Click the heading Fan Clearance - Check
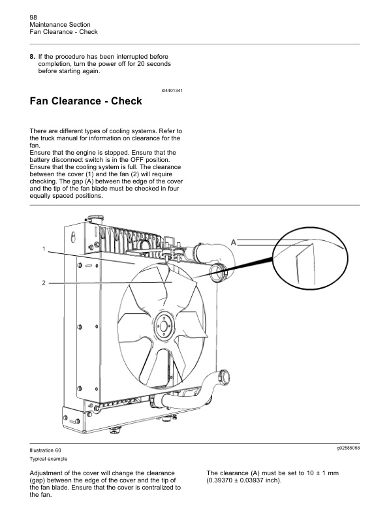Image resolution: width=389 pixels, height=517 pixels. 86,102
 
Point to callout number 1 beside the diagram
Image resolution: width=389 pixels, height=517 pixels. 44,249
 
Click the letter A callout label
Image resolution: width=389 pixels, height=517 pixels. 232,242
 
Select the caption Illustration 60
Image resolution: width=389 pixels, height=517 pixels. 45,450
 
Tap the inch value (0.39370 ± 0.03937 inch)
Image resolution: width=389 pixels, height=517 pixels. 243,480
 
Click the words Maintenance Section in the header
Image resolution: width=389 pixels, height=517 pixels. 55,24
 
